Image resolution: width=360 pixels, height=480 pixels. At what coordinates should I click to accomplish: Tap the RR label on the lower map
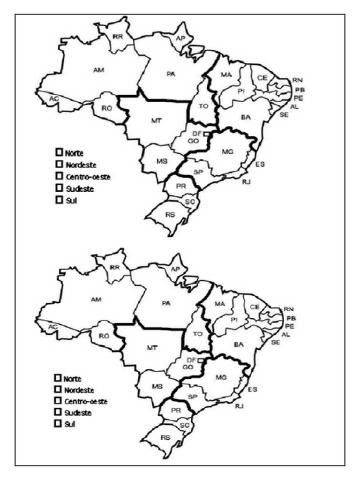[115, 267]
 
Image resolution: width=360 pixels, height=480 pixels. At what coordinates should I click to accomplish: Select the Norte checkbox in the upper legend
[59, 152]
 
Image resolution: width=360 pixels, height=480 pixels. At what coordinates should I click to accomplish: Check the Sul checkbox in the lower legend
[59, 424]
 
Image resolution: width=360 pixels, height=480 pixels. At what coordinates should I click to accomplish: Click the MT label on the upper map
[157, 120]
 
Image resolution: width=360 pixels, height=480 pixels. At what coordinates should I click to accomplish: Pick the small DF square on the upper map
[205, 134]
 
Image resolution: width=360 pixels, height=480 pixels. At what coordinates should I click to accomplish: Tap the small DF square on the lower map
[200, 360]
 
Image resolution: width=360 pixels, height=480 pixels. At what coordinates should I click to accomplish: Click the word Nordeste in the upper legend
[81, 165]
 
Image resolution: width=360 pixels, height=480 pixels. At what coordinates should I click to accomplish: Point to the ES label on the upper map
[260, 164]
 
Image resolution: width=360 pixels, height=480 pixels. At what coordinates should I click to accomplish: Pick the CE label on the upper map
[262, 78]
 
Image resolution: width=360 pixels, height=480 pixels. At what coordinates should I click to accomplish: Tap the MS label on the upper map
[163, 161]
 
